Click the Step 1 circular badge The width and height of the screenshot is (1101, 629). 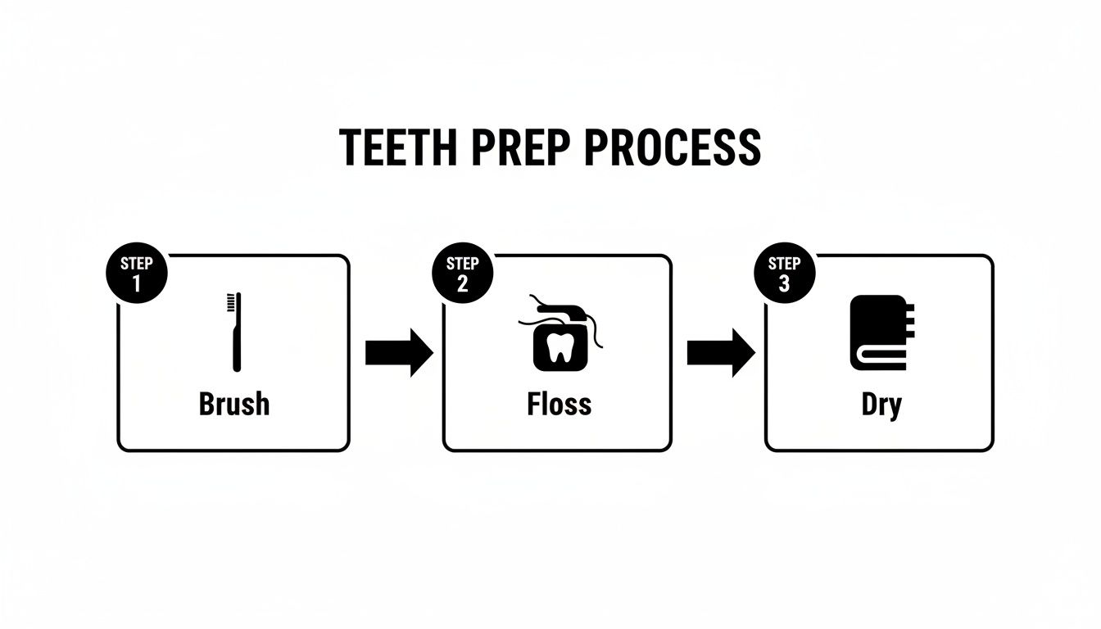[137, 274]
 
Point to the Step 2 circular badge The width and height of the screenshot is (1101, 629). [462, 274]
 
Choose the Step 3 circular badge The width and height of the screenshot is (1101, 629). [784, 274]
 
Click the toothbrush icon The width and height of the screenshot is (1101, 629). [235, 333]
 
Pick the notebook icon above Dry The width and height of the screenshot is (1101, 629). [878, 333]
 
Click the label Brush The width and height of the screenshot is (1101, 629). [234, 404]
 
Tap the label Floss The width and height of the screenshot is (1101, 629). [560, 404]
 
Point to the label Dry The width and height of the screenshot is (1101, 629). [881, 405]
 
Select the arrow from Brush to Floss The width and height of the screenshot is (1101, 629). [398, 352]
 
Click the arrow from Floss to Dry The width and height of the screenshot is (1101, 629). [720, 352]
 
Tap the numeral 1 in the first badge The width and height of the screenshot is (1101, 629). [137, 283]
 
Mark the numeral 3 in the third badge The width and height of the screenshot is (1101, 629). [784, 283]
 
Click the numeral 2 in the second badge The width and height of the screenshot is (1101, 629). [462, 283]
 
